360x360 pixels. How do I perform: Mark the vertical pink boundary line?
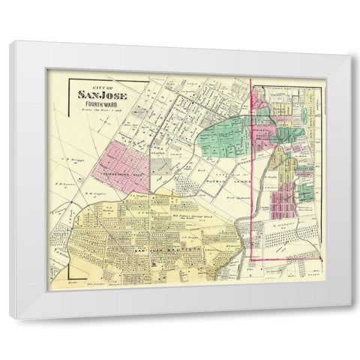(x=250, y=165)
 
